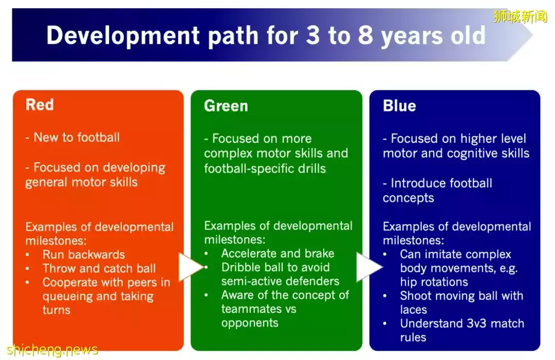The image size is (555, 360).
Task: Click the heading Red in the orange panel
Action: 40,105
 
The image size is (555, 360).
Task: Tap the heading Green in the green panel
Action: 226,106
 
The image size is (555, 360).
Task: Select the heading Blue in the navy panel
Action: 399,106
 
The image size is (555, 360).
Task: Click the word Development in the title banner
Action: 123,36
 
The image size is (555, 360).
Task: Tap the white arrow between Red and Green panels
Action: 191,267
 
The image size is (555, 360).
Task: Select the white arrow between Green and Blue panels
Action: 369,267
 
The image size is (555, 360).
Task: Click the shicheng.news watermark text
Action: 52,349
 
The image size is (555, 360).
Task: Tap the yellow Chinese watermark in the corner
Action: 520,16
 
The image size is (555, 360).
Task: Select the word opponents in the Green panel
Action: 250,323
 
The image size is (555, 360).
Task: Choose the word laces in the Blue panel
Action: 413,310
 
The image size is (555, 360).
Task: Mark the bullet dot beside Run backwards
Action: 27,255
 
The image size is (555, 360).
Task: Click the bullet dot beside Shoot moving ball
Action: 385,296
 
